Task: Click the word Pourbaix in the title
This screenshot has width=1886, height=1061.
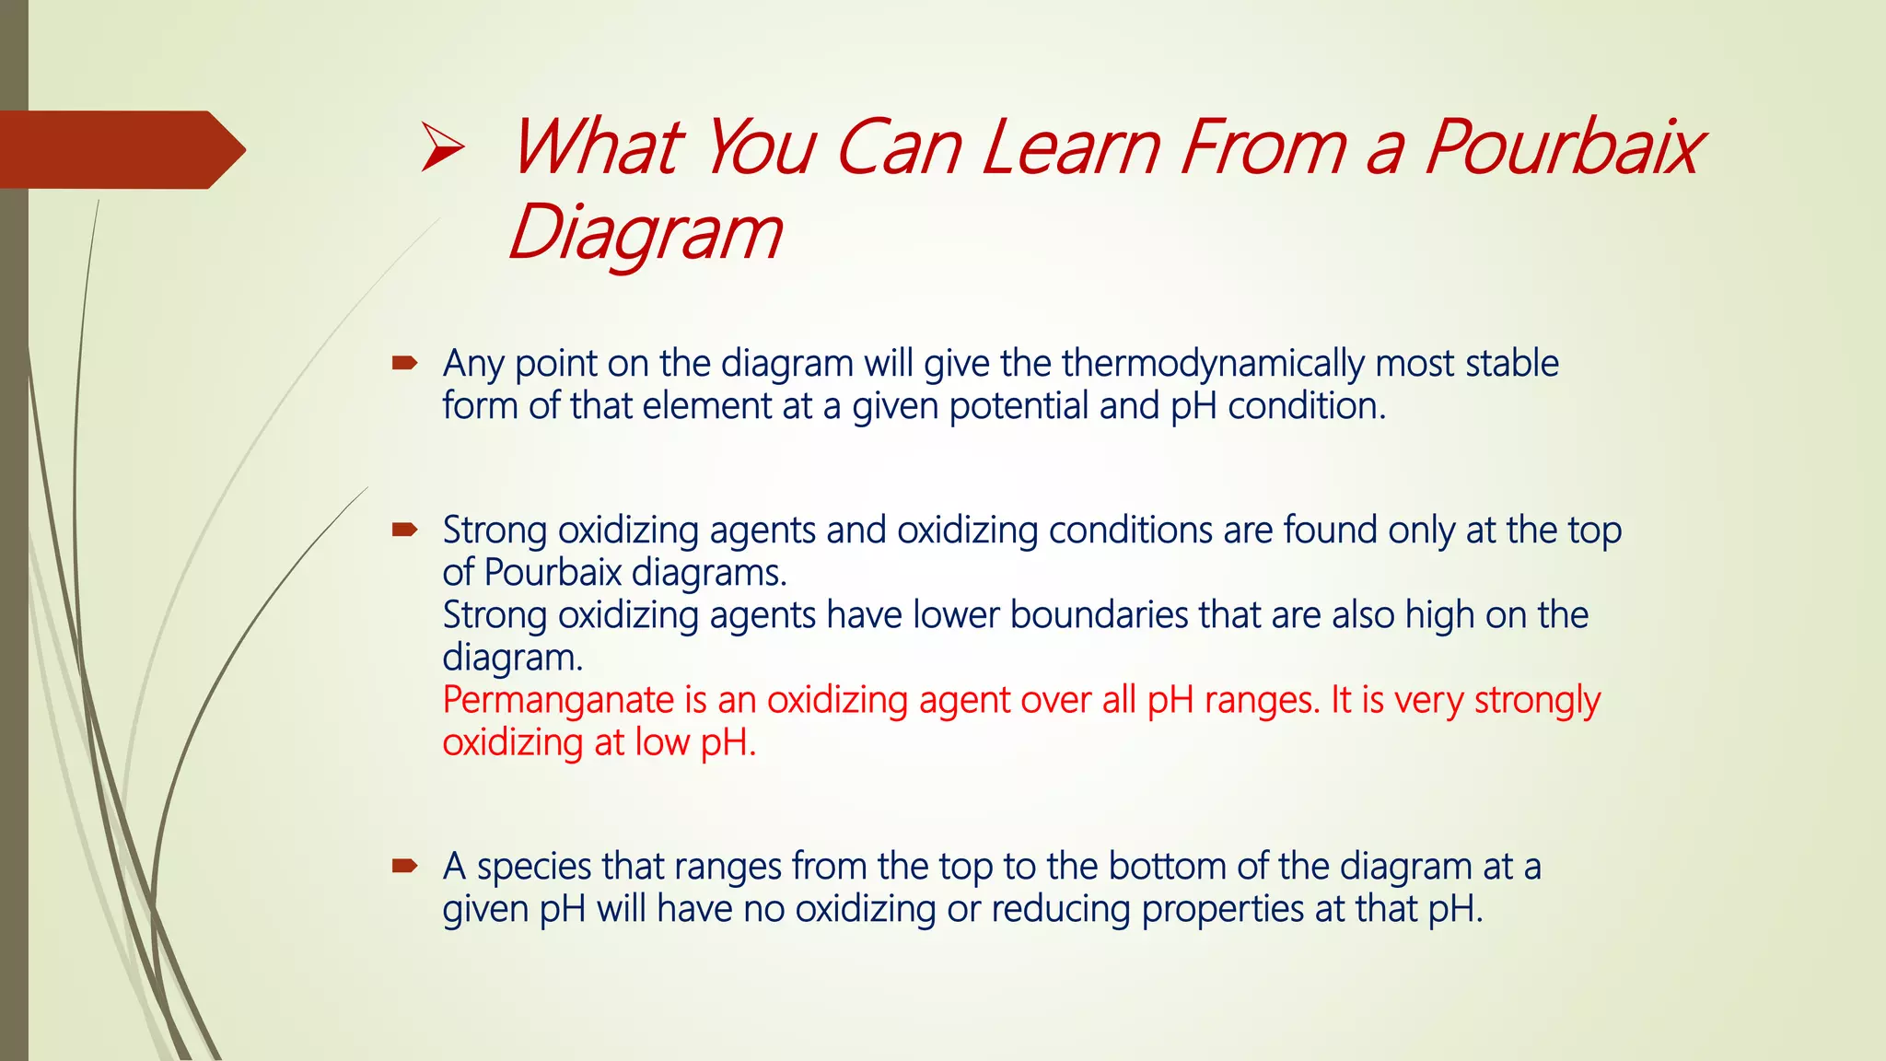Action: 1564,148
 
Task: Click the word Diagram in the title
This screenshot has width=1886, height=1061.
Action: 645,233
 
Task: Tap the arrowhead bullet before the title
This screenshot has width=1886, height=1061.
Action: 442,149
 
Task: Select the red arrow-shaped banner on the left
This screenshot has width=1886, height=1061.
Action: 120,149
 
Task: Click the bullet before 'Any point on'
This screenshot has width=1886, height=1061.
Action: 404,364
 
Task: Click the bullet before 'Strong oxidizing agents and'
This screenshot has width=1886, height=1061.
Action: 404,530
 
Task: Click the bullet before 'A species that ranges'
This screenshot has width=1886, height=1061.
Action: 404,866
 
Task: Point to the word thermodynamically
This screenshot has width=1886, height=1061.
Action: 1212,364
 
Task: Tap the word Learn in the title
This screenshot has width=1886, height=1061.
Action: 1071,148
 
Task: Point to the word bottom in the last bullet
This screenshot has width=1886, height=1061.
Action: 1167,867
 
